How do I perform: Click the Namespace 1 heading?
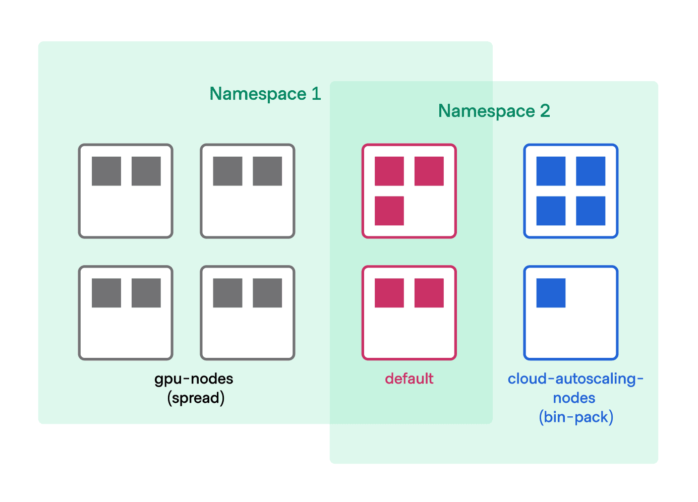[265, 94]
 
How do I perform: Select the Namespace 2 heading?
[494, 111]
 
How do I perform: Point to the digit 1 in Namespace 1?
[316, 94]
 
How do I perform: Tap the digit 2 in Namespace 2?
[545, 111]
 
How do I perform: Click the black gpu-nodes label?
[194, 379]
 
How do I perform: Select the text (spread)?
[196, 398]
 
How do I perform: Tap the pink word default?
[409, 379]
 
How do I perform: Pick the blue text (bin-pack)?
[575, 417]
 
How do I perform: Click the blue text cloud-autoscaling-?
[575, 379]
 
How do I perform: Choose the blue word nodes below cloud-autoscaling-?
[574, 398]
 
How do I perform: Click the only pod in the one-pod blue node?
[551, 293]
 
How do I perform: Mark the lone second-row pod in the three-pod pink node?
[389, 211]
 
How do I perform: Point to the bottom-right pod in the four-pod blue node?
[591, 211]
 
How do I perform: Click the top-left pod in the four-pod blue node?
[551, 171]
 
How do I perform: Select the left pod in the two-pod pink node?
[389, 293]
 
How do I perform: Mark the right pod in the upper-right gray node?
[267, 171]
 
